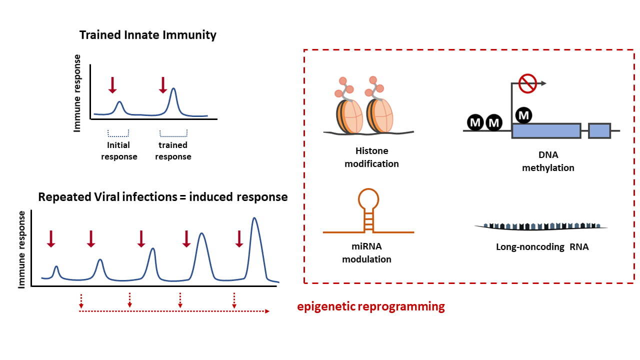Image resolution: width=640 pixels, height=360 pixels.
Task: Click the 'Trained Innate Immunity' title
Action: [x=148, y=35]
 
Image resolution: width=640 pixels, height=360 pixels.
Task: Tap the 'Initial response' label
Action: [x=119, y=150]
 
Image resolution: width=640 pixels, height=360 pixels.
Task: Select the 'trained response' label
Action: [x=173, y=150]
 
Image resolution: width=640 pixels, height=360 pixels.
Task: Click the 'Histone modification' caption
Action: [x=371, y=157]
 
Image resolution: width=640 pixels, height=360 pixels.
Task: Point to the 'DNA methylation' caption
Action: [x=548, y=161]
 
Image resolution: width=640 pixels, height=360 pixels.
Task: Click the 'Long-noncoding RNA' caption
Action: [x=542, y=246]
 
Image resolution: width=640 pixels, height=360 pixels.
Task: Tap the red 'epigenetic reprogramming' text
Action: [x=370, y=306]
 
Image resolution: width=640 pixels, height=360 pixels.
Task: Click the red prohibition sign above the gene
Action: [x=527, y=84]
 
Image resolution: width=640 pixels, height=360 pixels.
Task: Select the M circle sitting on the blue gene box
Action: [x=523, y=115]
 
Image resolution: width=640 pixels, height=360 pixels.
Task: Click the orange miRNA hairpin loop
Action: [x=368, y=198]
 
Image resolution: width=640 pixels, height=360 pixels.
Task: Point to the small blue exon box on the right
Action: [x=599, y=130]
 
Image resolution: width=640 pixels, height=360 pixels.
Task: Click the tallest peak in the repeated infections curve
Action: [x=255, y=220]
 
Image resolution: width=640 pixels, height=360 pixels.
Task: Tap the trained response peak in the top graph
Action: [x=173, y=90]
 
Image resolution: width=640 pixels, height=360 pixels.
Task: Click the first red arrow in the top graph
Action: [x=112, y=85]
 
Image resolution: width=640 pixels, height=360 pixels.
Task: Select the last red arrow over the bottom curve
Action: [x=239, y=238]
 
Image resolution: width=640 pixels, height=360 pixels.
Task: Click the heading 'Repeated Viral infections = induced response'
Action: [x=163, y=197]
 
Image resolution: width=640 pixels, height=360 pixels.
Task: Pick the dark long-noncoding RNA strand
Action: [x=540, y=226]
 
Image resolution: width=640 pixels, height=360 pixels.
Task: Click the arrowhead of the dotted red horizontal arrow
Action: [x=267, y=311]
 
